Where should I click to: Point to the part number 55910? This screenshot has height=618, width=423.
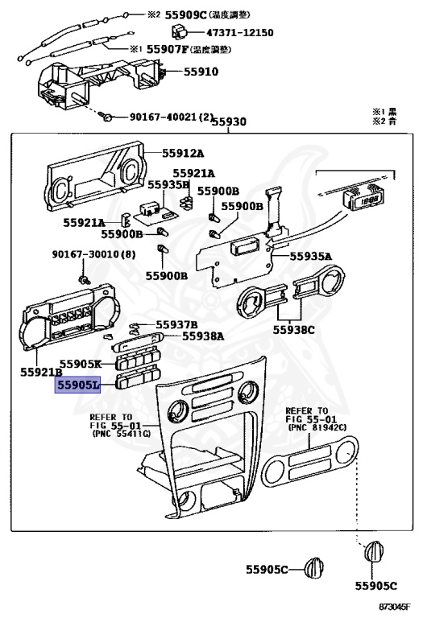201,72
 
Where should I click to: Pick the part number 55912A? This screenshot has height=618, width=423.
183,153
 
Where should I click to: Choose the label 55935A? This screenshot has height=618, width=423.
309,257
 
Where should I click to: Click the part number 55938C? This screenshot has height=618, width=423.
294,329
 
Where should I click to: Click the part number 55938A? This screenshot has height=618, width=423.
203,336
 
